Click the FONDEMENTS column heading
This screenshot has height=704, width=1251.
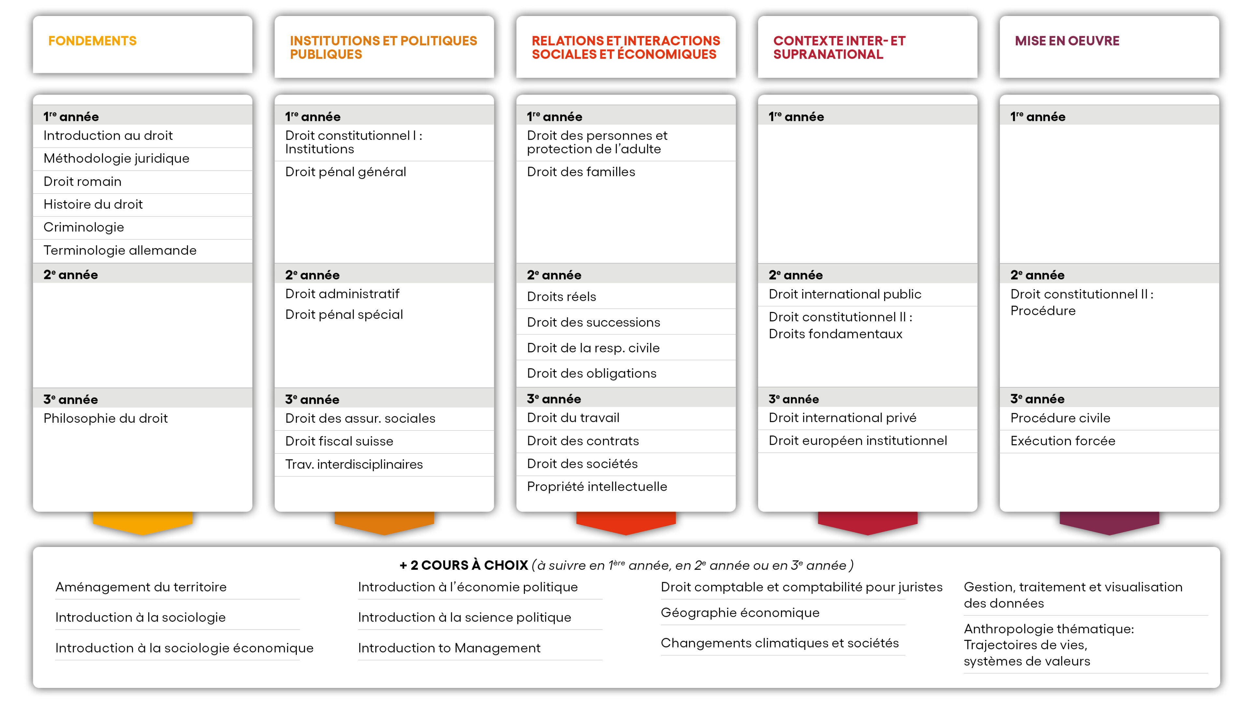point(92,41)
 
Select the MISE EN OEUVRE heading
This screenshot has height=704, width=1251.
point(1067,41)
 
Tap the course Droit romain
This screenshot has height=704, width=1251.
point(82,181)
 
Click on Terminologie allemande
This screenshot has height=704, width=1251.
point(120,250)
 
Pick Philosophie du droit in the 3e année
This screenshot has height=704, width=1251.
point(105,418)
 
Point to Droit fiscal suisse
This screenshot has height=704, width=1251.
point(339,441)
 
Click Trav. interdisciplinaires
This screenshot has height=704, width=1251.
point(353,464)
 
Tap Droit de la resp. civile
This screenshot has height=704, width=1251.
point(593,348)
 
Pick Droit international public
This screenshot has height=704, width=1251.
point(844,294)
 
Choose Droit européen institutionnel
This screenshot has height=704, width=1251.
point(858,441)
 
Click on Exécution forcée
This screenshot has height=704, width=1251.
point(1063,441)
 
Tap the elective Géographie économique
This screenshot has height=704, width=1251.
point(740,613)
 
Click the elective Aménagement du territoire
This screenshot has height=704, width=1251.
point(141,587)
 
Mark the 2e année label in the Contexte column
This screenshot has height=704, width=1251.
point(796,275)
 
